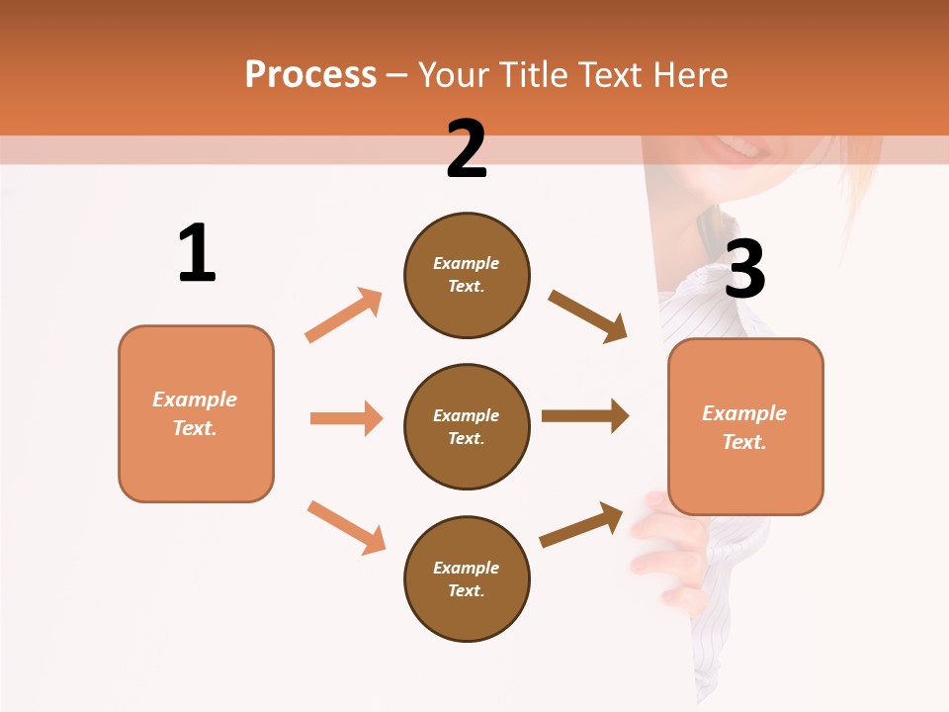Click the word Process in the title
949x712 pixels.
click(x=310, y=75)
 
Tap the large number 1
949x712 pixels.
click(x=197, y=253)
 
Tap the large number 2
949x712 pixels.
click(x=467, y=149)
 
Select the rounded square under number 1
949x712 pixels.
click(x=196, y=413)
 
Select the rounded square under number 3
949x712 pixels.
click(x=745, y=426)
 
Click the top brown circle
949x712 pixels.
click(x=467, y=275)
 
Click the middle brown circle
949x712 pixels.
click(x=467, y=426)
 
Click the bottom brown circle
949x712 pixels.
click(x=467, y=578)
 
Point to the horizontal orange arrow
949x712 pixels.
click(x=346, y=418)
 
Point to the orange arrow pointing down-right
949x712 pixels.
click(x=347, y=527)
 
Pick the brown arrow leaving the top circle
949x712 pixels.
click(x=588, y=315)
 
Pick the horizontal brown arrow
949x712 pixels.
click(x=585, y=415)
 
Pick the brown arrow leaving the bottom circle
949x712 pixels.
click(x=582, y=524)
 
